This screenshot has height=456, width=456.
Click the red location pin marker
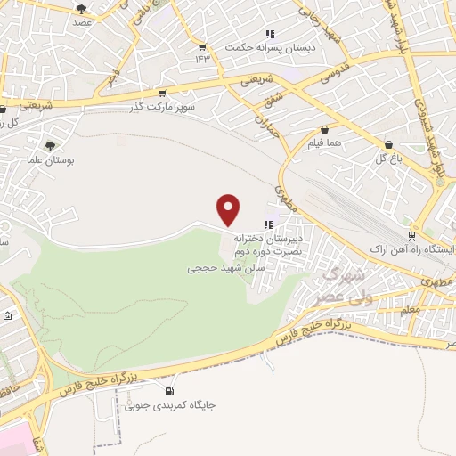click(230, 208)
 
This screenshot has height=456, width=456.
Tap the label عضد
click(83, 22)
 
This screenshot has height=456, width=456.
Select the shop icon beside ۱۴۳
click(202, 47)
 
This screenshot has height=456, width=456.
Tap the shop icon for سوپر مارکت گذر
click(161, 92)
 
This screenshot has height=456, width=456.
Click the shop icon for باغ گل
click(388, 144)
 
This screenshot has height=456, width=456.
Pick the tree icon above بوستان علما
click(50, 145)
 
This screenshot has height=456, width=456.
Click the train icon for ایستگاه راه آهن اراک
click(411, 235)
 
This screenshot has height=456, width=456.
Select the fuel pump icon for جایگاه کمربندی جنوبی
click(169, 391)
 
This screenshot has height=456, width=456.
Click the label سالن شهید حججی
click(219, 267)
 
